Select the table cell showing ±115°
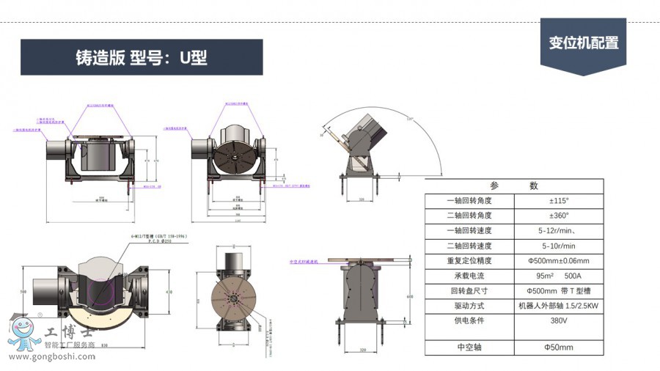point(559,200)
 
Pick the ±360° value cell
point(559,216)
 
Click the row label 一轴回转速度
point(469,230)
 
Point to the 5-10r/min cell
point(559,246)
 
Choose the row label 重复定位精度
point(469,260)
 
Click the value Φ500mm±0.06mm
point(559,260)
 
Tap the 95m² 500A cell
point(559,276)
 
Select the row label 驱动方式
point(469,305)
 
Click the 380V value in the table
point(559,320)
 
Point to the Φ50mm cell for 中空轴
point(559,347)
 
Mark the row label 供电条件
point(469,320)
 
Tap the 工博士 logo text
point(70,333)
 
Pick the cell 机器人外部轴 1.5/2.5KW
point(559,305)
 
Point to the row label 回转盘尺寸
point(469,290)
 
